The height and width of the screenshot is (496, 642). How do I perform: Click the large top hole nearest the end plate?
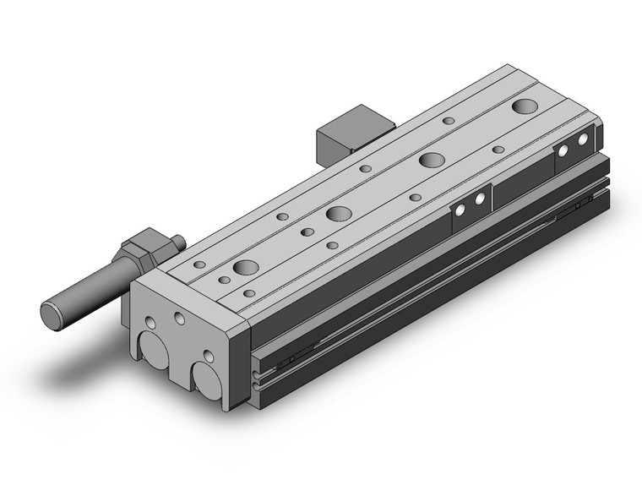pyautogui.click(x=246, y=268)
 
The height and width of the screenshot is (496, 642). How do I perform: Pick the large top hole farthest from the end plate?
pyautogui.click(x=525, y=106)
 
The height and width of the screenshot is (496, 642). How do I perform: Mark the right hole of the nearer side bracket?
pyautogui.click(x=480, y=199)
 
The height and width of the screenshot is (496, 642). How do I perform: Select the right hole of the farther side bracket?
pyautogui.click(x=583, y=139)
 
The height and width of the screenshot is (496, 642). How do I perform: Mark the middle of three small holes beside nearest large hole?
pyautogui.click(x=225, y=280)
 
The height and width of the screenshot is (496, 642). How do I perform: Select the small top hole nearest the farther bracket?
pyautogui.click(x=498, y=150)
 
